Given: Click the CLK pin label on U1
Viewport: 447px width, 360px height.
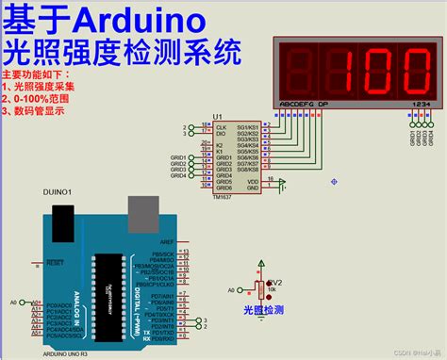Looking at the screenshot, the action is [x=221, y=126].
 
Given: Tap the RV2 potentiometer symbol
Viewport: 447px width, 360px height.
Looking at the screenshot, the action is [x=259, y=288].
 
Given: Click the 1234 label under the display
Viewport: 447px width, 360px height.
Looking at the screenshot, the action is [x=422, y=104].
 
